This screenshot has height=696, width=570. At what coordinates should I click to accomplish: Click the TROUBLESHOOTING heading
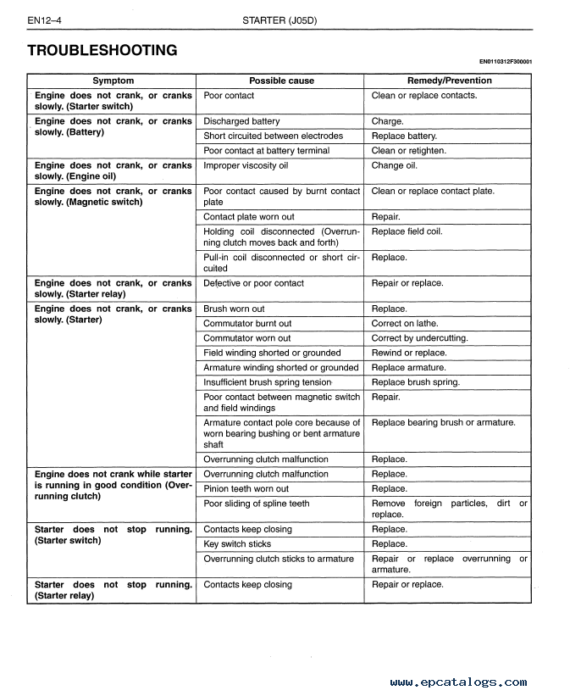click(x=102, y=50)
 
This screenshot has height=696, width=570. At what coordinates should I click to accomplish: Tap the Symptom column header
click(x=113, y=81)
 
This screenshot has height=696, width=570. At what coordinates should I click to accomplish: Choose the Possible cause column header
click(x=281, y=81)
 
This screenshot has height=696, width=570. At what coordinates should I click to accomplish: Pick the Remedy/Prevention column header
click(x=449, y=81)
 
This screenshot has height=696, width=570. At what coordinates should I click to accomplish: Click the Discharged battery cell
click(x=241, y=121)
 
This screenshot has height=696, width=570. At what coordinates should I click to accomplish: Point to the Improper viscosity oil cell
click(x=246, y=165)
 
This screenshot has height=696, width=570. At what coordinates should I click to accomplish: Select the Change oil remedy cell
click(x=394, y=165)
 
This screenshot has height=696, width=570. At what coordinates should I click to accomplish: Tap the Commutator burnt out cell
click(x=247, y=323)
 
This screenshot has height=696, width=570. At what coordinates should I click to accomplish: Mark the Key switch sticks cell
click(x=237, y=543)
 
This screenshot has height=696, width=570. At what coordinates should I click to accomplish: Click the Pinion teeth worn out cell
click(x=246, y=488)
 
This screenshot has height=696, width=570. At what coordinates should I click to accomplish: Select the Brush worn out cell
click(x=234, y=309)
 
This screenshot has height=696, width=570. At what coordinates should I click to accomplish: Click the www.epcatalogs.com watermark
click(x=458, y=682)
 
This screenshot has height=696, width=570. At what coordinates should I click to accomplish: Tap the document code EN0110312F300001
click(x=511, y=61)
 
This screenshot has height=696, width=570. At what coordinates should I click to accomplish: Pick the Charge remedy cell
click(x=387, y=121)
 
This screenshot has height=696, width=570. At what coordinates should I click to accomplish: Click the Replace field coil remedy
click(x=407, y=231)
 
